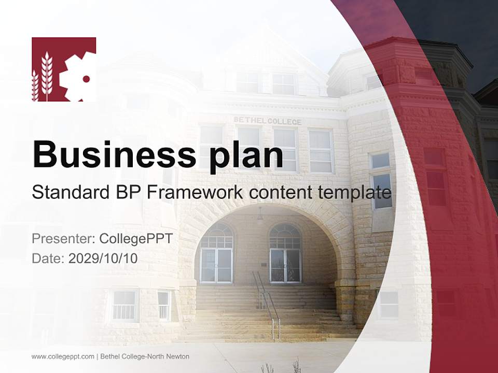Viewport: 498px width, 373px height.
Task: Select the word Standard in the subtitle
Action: (x=67, y=193)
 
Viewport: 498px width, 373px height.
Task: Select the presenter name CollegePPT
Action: (x=136, y=239)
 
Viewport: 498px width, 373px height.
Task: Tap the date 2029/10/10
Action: (x=103, y=258)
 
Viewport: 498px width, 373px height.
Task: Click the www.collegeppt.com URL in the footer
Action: (x=63, y=356)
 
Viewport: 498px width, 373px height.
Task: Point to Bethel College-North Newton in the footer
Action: (x=145, y=356)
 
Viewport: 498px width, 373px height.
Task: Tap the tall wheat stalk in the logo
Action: (x=47, y=76)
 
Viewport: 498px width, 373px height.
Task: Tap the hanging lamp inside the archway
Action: (x=260, y=214)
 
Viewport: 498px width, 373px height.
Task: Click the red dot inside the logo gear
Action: (x=86, y=79)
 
